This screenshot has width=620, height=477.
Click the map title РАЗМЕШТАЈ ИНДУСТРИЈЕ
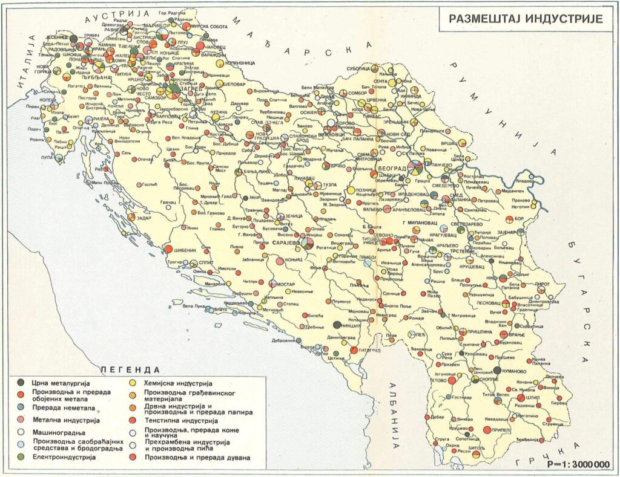(x=526, y=18)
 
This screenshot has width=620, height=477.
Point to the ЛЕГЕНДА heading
(x=130, y=368)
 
